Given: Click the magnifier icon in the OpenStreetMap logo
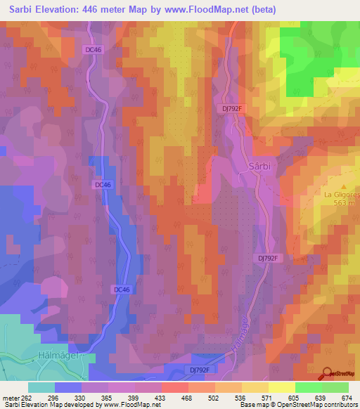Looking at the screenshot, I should point(326,374).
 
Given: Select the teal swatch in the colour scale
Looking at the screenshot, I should point(41,387).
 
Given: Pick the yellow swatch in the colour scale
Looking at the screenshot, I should point(282,387).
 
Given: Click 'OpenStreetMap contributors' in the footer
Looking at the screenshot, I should point(323,405).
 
